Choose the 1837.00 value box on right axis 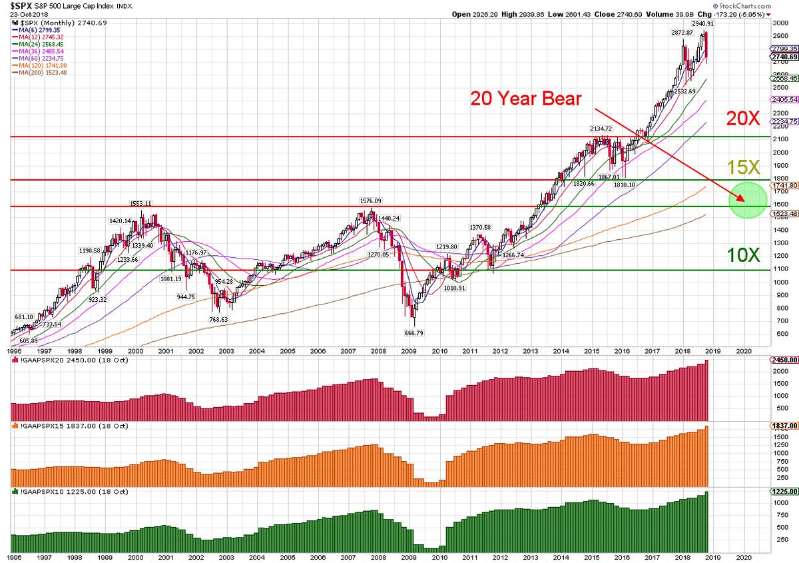(x=783, y=426)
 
